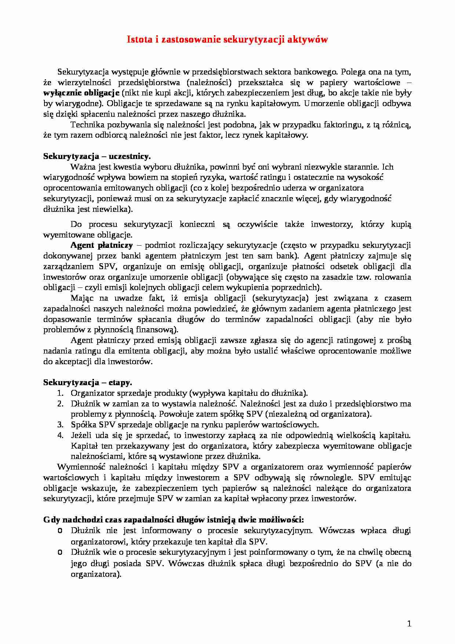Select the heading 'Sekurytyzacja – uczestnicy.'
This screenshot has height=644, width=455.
[97, 156]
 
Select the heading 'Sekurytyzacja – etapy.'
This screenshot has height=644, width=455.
[88, 383]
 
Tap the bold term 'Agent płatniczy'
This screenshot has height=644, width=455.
[102, 245]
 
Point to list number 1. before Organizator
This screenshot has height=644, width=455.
[60, 393]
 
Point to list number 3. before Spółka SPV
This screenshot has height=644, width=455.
[60, 425]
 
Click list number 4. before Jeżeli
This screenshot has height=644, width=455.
[60, 435]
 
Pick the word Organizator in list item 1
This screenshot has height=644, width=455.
[92, 393]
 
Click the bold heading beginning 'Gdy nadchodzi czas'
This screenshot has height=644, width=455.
[173, 520]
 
